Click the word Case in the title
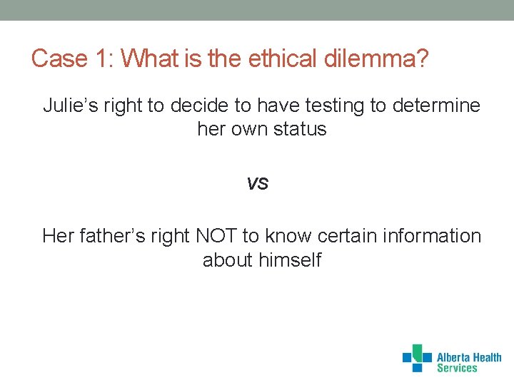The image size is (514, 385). (59, 58)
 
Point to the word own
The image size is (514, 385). (246, 130)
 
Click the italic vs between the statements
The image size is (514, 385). (257, 183)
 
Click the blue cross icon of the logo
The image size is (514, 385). (418, 358)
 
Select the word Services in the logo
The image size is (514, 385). (457, 369)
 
